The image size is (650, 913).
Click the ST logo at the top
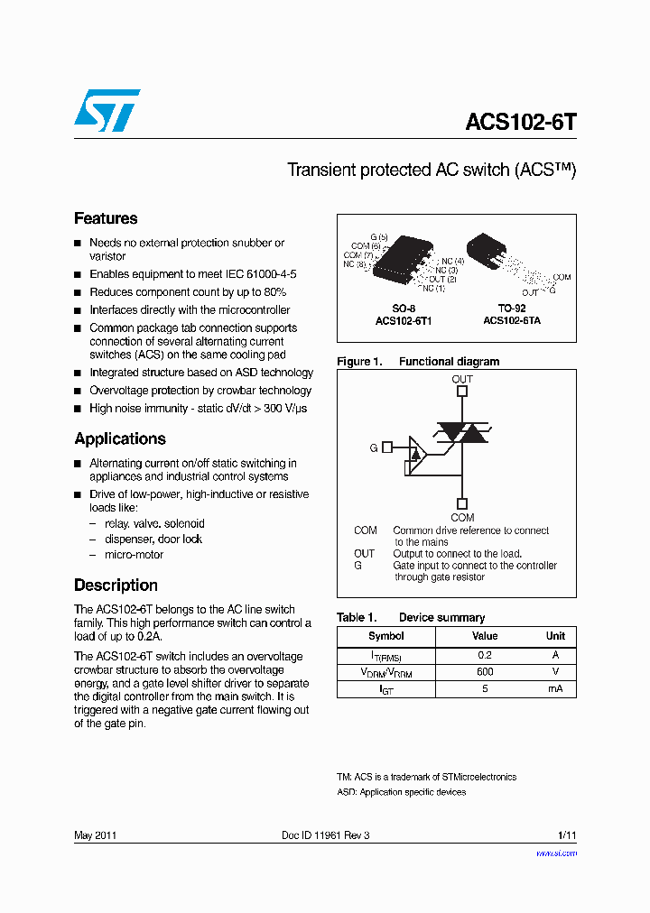pyautogui.click(x=107, y=110)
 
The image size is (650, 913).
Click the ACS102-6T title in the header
pyautogui.click(x=520, y=122)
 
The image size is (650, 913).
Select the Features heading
pyautogui.click(x=106, y=218)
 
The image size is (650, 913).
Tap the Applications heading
pyautogui.click(x=120, y=439)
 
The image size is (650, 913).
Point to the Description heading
pyautogui.click(x=116, y=585)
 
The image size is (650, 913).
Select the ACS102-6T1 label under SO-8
pyautogui.click(x=404, y=320)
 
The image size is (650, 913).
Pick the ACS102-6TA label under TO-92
pyautogui.click(x=512, y=320)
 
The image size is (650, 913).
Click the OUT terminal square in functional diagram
pyautogui.click(x=462, y=392)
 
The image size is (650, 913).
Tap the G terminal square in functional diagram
pyautogui.click(x=387, y=447)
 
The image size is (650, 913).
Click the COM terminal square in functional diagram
pyautogui.click(x=462, y=504)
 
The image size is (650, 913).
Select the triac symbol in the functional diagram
pyautogui.click(x=461, y=433)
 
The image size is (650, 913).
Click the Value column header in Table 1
pyautogui.click(x=485, y=636)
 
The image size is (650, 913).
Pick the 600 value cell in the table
pyautogui.click(x=485, y=672)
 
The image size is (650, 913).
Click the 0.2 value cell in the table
pyautogui.click(x=485, y=654)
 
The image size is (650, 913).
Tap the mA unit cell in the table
pyautogui.click(x=555, y=689)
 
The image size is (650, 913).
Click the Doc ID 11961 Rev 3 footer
pyautogui.click(x=326, y=835)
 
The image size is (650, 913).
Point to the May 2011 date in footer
pyautogui.click(x=95, y=835)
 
